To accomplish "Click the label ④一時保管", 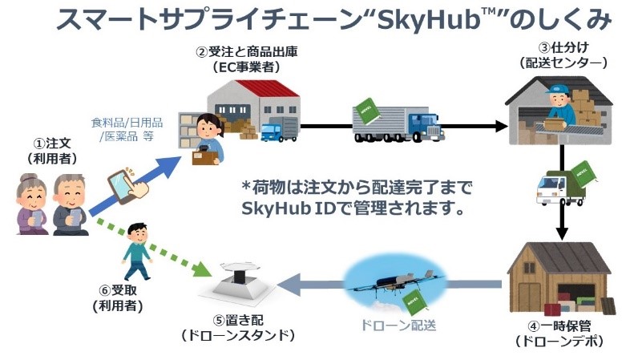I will (560, 328).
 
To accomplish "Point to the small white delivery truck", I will (560, 188).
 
